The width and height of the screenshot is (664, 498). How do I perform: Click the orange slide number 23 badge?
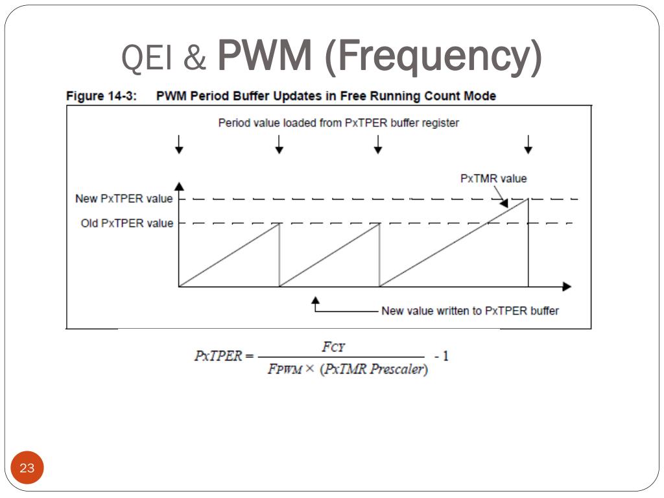(x=27, y=468)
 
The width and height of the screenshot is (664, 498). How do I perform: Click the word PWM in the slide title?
(x=264, y=57)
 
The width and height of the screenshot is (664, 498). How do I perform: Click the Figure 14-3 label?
(x=101, y=96)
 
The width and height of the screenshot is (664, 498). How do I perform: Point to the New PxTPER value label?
(x=124, y=198)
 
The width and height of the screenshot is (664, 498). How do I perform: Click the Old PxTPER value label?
(x=127, y=223)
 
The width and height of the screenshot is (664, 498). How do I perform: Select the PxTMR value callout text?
(x=493, y=178)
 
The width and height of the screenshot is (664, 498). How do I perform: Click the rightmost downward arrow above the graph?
(x=528, y=145)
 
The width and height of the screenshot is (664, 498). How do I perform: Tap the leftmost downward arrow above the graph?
(x=180, y=145)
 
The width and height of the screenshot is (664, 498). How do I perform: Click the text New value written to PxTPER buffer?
(x=469, y=311)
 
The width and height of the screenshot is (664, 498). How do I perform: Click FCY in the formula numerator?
(x=335, y=348)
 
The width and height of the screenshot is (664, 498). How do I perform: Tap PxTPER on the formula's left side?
(x=218, y=357)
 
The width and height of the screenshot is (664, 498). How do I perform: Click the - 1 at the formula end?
(x=442, y=356)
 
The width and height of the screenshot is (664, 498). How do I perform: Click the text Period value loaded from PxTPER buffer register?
(x=338, y=123)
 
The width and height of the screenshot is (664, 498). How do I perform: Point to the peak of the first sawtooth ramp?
(x=279, y=224)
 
